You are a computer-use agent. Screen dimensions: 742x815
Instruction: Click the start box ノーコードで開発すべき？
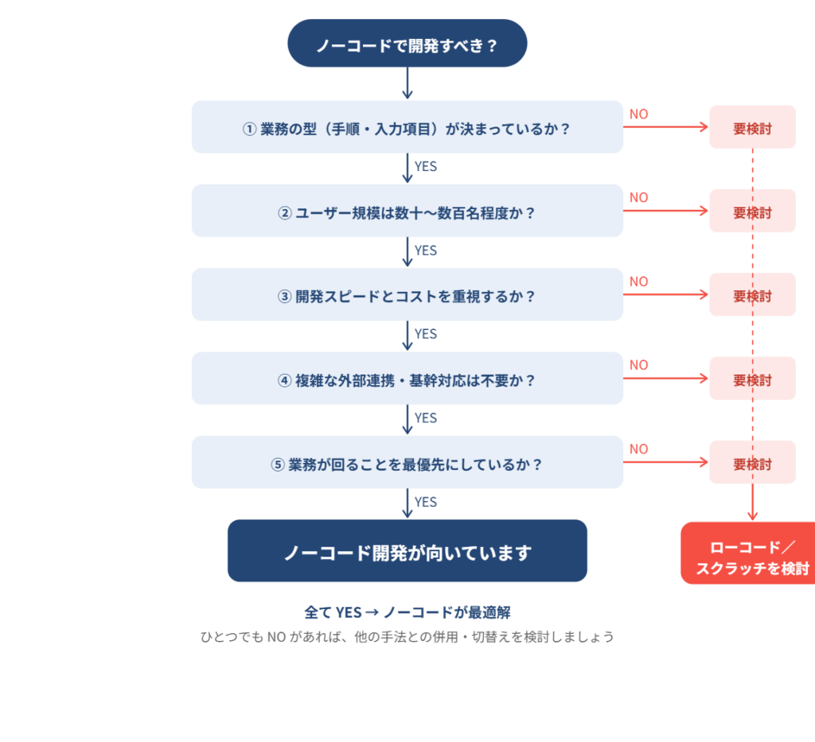tap(407, 45)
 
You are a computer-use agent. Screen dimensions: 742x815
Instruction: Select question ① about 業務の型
tap(407, 127)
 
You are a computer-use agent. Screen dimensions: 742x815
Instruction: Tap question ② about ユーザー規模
tap(407, 212)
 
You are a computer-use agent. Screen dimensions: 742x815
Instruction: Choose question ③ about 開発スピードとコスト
tap(407, 295)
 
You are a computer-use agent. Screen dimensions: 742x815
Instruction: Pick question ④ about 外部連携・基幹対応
tap(407, 379)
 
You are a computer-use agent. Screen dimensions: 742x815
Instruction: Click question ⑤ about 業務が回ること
tap(407, 463)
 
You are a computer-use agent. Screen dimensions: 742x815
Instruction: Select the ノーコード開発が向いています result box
tap(407, 552)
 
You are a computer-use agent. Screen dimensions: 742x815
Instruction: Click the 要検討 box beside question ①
tap(752, 128)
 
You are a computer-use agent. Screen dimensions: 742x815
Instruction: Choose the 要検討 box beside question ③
tap(752, 295)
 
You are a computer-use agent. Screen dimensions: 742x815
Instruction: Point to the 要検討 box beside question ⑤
tap(752, 463)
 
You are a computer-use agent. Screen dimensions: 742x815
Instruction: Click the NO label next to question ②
tap(638, 197)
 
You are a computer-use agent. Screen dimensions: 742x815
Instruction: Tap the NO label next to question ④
tap(638, 365)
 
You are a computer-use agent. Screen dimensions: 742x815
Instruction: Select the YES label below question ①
tap(426, 167)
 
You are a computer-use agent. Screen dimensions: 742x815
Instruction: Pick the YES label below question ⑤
tap(426, 502)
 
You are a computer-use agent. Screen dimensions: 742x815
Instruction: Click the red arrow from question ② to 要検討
tap(665, 212)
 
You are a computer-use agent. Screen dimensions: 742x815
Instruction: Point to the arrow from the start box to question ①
tap(407, 83)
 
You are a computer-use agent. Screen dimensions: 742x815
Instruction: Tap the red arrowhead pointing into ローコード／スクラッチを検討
tap(752, 516)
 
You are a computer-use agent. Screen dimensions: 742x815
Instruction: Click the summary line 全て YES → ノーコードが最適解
tap(407, 612)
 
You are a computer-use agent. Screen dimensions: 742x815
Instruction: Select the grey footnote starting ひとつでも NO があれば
tap(407, 637)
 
